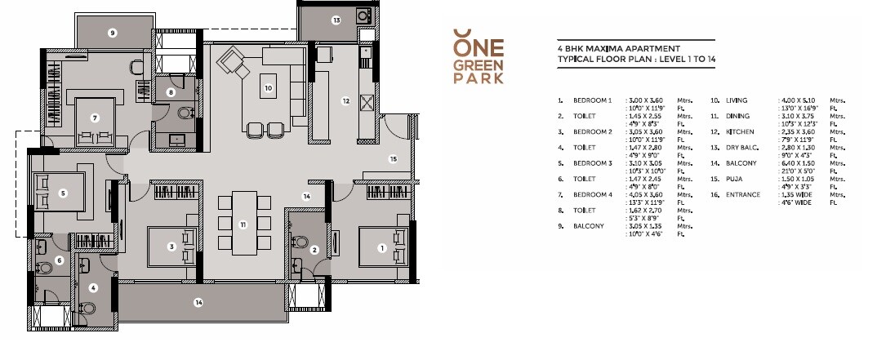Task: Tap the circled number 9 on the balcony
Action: [113, 33]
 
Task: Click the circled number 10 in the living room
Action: [268, 87]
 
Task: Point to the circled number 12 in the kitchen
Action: [345, 101]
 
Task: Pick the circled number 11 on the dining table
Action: [243, 224]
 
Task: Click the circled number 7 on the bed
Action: [96, 118]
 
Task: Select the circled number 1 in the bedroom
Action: [381, 247]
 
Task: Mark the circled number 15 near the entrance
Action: [392, 159]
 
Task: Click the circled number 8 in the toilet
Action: [171, 93]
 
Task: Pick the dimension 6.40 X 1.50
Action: [797, 162]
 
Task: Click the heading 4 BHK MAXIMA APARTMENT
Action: [607, 49]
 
